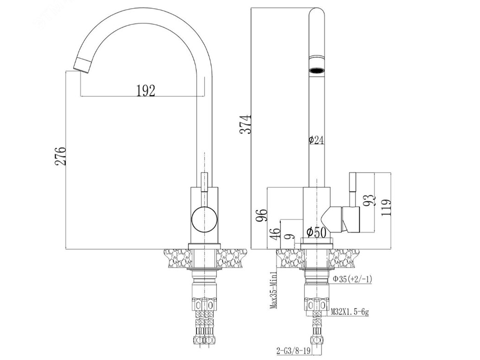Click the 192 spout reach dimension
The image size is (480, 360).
(146, 90)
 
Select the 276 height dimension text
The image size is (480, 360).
(60, 156)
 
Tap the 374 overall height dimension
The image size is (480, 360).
(245, 124)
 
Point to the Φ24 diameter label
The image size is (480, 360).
(316, 140)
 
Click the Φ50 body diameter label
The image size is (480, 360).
(316, 233)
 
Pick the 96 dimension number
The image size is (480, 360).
(262, 215)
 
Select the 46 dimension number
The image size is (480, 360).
(275, 234)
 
